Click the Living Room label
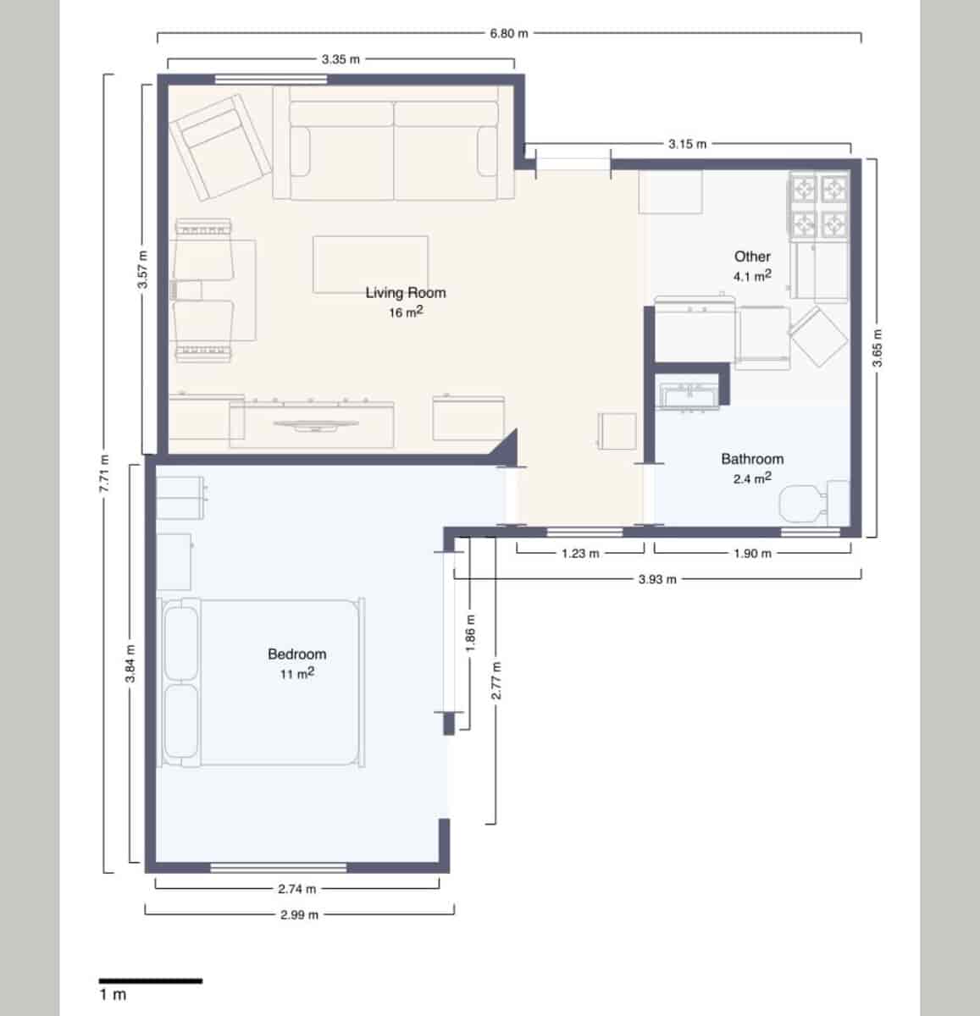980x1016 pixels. [x=405, y=293]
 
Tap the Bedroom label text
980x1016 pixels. [x=296, y=654]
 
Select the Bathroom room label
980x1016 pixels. [x=751, y=459]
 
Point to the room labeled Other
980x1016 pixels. [x=752, y=256]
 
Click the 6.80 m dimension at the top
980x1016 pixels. [x=508, y=34]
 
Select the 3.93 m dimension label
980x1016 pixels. [x=657, y=579]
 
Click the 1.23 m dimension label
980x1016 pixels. [x=580, y=554]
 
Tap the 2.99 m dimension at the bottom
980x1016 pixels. [x=299, y=914]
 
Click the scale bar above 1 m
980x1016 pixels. [x=151, y=981]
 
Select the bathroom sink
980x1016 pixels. [x=688, y=395]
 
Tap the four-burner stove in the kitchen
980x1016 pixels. [x=819, y=205]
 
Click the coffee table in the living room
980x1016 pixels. [x=370, y=264]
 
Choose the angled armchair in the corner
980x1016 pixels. [x=219, y=146]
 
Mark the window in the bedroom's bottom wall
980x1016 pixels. [x=278, y=868]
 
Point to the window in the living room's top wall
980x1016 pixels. [x=270, y=80]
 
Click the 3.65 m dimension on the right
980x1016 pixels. [x=878, y=347]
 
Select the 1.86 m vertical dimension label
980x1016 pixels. [x=471, y=632]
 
